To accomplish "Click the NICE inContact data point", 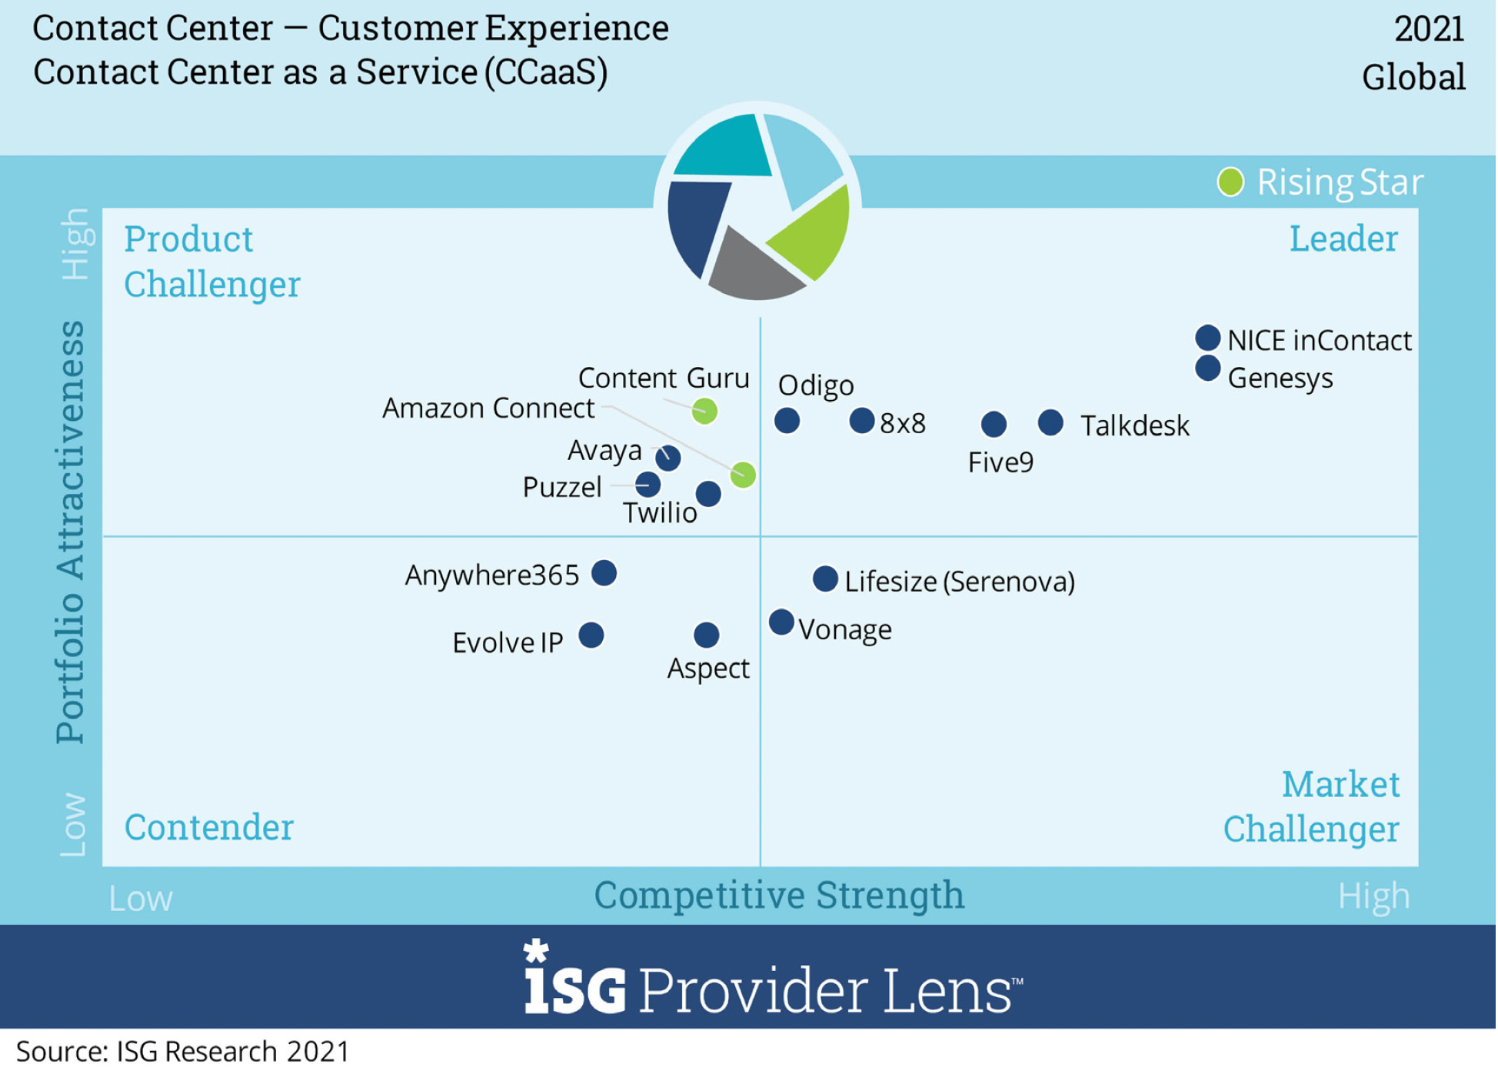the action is coord(1208,337).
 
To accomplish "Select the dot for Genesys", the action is coord(1208,368).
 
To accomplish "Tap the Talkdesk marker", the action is coord(1051,422).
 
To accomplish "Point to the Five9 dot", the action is coord(994,423).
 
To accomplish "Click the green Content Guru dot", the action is coord(705,411).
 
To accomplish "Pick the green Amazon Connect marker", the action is coord(743,475).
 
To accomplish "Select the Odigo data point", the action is coord(787,421).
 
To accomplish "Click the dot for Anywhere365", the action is coord(604,572).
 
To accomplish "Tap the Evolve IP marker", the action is coord(591,635).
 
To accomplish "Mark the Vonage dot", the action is coord(781,622).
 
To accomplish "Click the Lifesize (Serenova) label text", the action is coord(960,582).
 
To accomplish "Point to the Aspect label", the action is coord(708,668).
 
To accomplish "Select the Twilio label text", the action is coord(660,512).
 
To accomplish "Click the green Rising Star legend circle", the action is coord(1230,182).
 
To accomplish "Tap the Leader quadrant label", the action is coord(1343,239).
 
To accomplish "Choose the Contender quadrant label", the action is coord(209,827).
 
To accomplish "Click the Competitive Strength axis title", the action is coord(779,896).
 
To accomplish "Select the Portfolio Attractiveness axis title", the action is coord(71,532).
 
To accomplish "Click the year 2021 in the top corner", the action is coord(1429,28).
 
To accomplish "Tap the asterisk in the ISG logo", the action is coord(536,951).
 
